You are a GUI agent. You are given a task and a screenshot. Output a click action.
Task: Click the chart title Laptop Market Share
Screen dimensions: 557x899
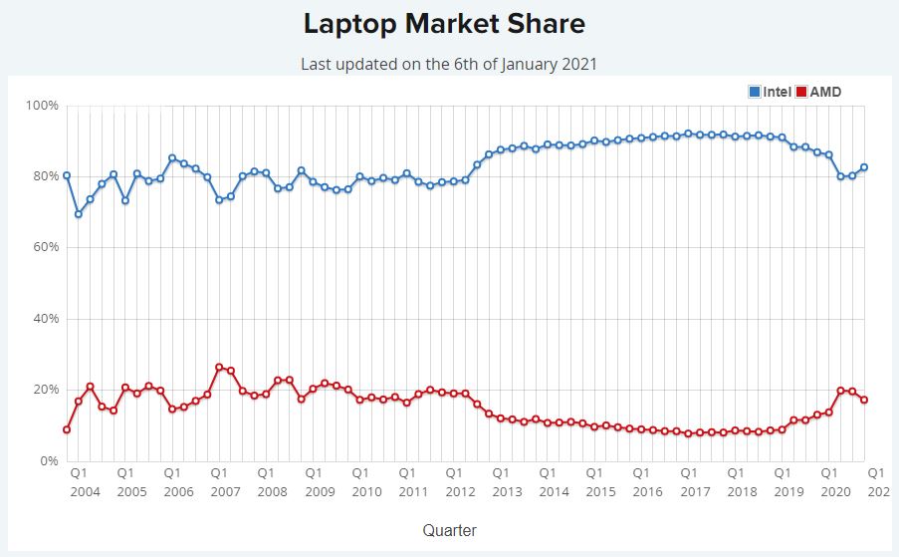pos(444,23)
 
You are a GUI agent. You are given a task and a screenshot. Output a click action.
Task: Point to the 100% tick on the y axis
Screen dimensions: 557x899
pos(42,106)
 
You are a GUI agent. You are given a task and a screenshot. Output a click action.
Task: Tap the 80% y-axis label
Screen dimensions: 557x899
pos(45,176)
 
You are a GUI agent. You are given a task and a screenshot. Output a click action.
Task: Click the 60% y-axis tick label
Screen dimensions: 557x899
pos(45,247)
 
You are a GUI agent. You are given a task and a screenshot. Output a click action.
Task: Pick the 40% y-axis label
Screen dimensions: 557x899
pos(45,319)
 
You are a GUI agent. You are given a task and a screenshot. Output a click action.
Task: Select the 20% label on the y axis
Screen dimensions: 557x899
pos(45,390)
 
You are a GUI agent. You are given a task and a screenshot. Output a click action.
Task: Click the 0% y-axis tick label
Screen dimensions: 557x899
pos(48,461)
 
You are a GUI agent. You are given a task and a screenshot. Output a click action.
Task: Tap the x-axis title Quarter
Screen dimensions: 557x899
pos(449,530)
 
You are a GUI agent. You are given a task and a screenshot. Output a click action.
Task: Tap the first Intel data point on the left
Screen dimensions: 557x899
pos(67,175)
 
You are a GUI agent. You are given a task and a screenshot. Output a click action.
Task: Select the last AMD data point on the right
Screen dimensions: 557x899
pos(864,400)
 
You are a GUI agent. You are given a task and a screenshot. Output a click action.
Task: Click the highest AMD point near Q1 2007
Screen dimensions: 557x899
pos(219,367)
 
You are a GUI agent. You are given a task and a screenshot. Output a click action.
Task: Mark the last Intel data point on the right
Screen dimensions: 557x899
pos(864,167)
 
